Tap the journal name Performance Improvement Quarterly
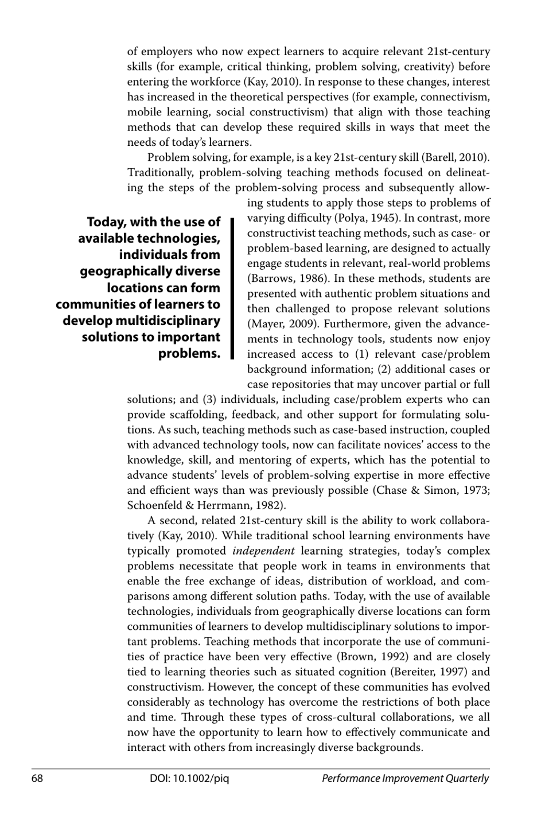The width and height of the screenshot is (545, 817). [405, 779]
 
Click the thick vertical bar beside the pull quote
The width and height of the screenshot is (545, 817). [232, 288]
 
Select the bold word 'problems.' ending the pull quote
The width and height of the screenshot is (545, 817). [189, 353]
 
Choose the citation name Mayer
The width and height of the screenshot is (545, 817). [264, 324]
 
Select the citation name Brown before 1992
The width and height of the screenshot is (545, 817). [356, 657]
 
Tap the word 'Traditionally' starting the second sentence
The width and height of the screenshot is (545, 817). [160, 173]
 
